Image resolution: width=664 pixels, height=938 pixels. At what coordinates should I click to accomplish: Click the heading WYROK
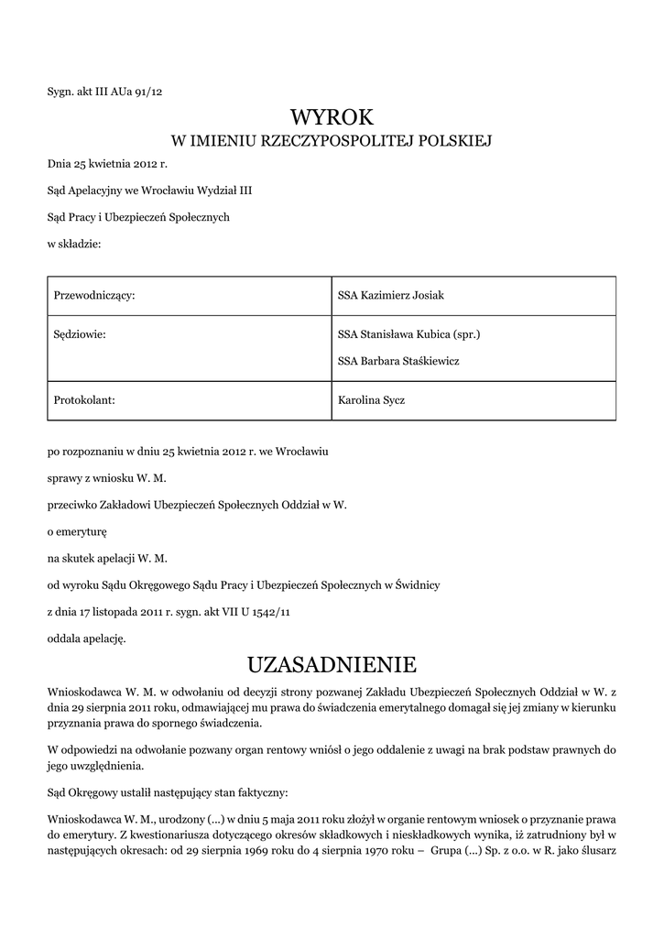(x=332, y=116)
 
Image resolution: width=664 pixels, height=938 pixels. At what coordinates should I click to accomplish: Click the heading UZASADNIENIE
(x=332, y=662)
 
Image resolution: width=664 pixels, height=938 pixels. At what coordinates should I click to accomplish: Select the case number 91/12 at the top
(x=148, y=91)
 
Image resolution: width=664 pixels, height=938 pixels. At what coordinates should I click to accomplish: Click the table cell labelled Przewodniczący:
(x=95, y=295)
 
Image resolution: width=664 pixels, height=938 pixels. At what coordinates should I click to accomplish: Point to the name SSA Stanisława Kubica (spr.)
(x=409, y=335)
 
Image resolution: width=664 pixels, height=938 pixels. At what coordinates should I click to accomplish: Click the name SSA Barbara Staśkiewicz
(x=398, y=361)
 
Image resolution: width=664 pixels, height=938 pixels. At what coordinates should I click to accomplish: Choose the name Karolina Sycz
(x=372, y=400)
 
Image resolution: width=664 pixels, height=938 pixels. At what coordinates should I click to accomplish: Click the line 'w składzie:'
(x=73, y=244)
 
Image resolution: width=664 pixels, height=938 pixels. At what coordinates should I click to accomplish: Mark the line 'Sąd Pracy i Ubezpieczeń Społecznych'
(x=138, y=217)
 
